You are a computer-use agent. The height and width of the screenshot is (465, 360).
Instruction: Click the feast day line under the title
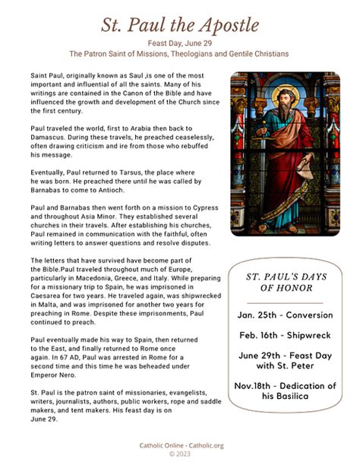click(x=180, y=44)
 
